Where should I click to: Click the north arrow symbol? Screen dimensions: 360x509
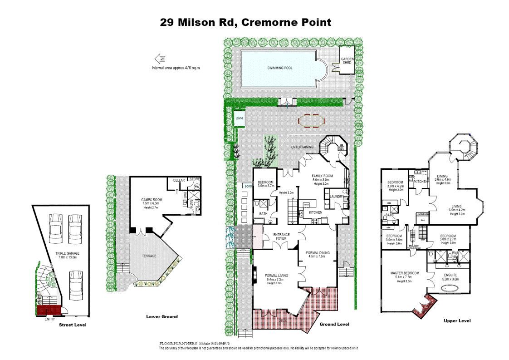tap(160, 59)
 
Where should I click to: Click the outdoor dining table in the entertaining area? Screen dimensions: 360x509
tap(312, 122)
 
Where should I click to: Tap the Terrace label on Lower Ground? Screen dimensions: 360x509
tap(149, 256)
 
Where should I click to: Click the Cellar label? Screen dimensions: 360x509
tap(179, 180)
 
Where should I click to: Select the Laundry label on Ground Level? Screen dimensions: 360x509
tap(337, 197)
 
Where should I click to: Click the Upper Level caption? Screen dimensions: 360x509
tap(457, 321)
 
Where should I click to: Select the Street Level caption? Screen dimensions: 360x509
tap(73, 325)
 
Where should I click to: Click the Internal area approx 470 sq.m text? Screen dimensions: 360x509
tap(176, 68)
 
